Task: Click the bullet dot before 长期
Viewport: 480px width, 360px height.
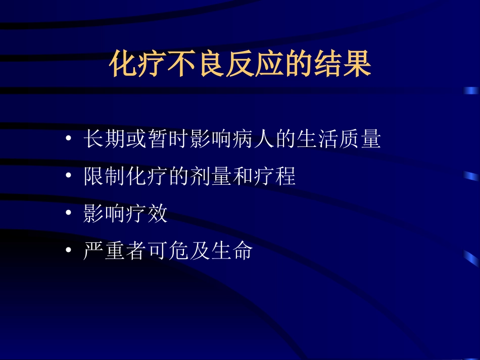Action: coord(69,140)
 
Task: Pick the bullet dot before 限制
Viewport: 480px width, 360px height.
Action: coord(69,177)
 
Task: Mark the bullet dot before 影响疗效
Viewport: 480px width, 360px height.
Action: coord(69,214)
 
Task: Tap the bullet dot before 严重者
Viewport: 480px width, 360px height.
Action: coord(69,251)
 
